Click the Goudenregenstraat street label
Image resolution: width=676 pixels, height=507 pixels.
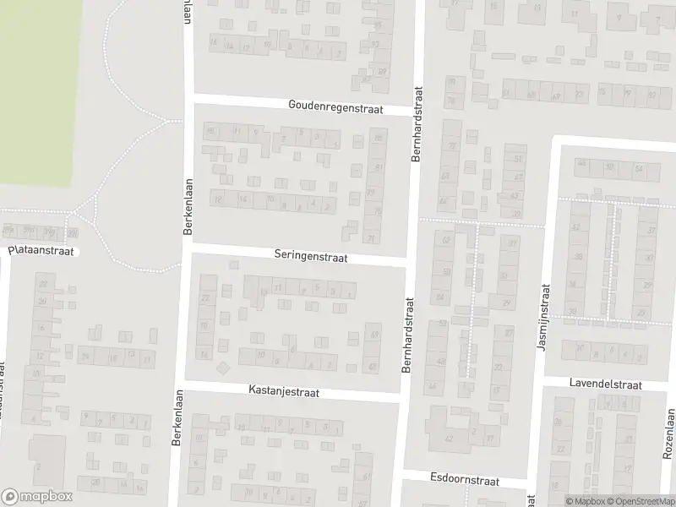pyautogui.click(x=335, y=108)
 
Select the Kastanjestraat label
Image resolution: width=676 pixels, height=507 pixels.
pyautogui.click(x=284, y=391)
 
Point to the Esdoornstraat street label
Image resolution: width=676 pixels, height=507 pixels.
pyautogui.click(x=465, y=478)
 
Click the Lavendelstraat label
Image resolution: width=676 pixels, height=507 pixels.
pyautogui.click(x=607, y=384)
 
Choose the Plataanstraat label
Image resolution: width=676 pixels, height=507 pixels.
pyautogui.click(x=41, y=251)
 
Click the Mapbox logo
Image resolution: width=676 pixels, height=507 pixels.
pyautogui.click(x=37, y=498)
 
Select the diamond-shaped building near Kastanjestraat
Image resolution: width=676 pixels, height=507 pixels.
pyautogui.click(x=223, y=368)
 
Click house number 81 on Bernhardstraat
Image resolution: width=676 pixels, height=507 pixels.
pyautogui.click(x=378, y=167)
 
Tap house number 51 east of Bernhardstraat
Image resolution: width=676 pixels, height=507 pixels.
pyautogui.click(x=518, y=158)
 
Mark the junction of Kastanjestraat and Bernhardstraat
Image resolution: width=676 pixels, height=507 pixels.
pyautogui.click(x=400, y=398)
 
